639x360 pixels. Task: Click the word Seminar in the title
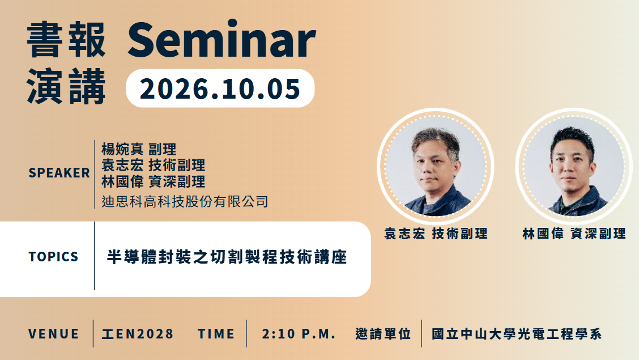[x=221, y=40]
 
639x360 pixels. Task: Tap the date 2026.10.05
[x=220, y=89]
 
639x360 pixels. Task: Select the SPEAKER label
[x=59, y=173]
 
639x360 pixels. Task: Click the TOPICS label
[x=53, y=256]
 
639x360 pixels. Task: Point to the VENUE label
[x=54, y=334]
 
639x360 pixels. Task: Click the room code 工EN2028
[x=138, y=334]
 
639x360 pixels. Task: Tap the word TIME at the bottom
[x=216, y=334]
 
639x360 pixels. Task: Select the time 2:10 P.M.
[x=299, y=334]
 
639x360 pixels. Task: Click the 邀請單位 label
[x=383, y=334]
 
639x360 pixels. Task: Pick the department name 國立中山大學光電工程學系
[x=517, y=334]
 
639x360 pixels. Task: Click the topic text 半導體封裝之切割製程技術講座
[x=227, y=257]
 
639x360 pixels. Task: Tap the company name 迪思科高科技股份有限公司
[x=185, y=201]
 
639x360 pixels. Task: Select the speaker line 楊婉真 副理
[x=139, y=149]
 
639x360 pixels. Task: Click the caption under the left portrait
[x=436, y=234]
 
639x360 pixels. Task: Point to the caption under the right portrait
[x=574, y=234]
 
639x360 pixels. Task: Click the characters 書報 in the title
[x=66, y=40]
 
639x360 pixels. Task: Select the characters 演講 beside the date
[x=66, y=87]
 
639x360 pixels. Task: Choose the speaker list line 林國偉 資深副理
[x=153, y=181]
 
